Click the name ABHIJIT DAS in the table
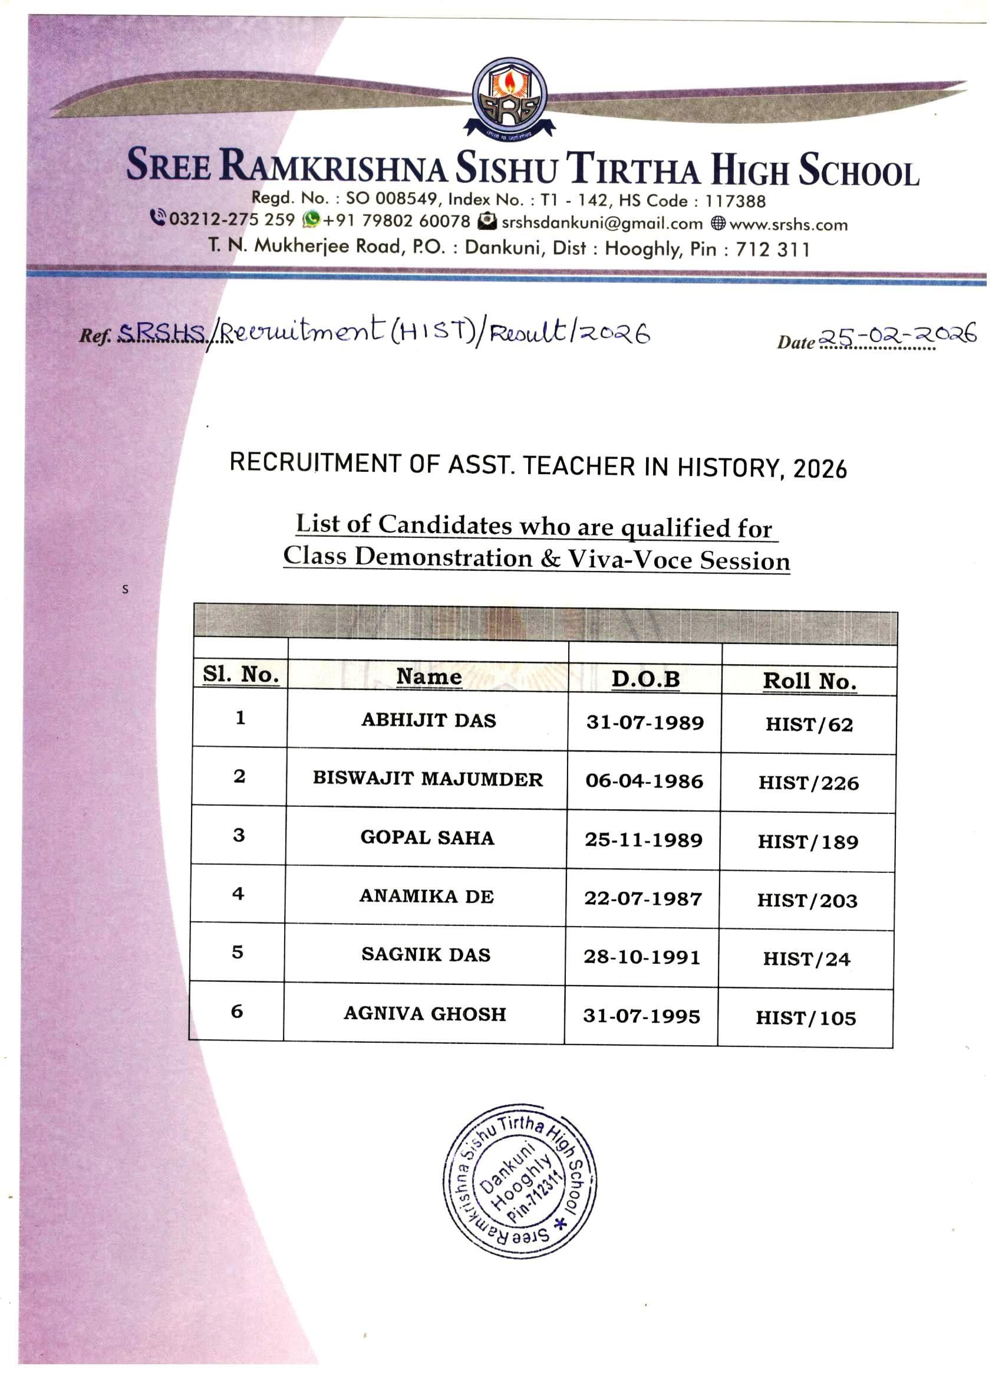pyautogui.click(x=429, y=720)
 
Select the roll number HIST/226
pyautogui.click(x=808, y=783)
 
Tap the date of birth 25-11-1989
pyautogui.click(x=644, y=840)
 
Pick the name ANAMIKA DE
pyautogui.click(x=426, y=896)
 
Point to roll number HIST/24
pyautogui.click(x=806, y=959)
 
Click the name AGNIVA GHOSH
pyautogui.click(x=425, y=1013)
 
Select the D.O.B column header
pyautogui.click(x=645, y=678)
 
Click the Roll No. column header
pyautogui.click(x=809, y=681)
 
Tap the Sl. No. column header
pyautogui.click(x=240, y=674)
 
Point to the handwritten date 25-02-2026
pyautogui.click(x=898, y=335)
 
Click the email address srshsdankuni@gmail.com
pyautogui.click(x=602, y=223)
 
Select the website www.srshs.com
pyautogui.click(x=788, y=224)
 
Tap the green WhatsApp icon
pyautogui.click(x=311, y=219)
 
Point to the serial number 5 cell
pyautogui.click(x=237, y=952)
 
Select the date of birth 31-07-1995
pyautogui.click(x=642, y=1016)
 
